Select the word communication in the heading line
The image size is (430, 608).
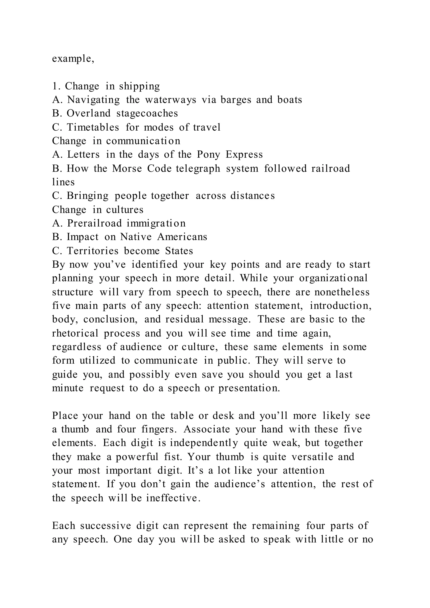[143, 141]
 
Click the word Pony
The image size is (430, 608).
[208, 155]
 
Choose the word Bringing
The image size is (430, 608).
[87, 196]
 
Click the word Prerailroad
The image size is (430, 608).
[94, 223]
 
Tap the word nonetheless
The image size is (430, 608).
[342, 292]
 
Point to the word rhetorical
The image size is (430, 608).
[75, 333]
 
